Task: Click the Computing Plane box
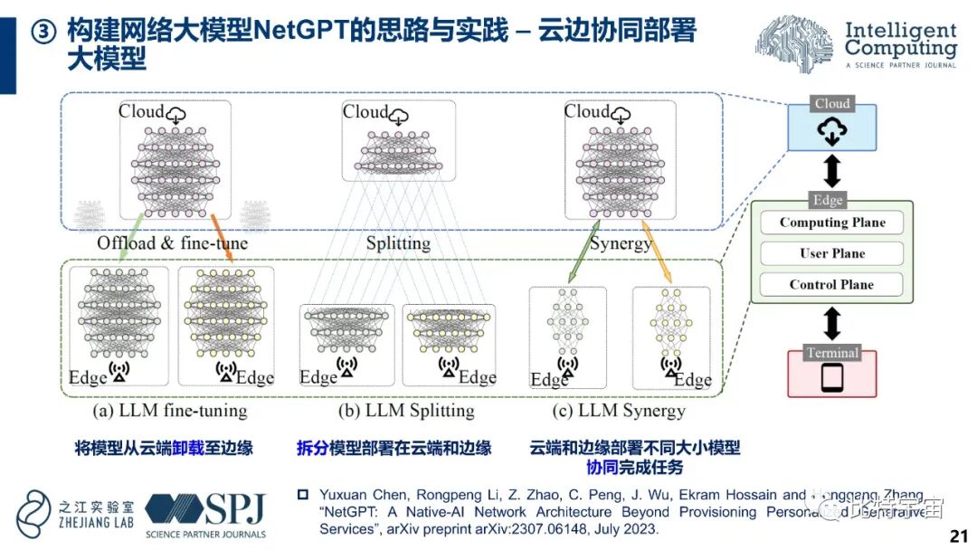point(832,223)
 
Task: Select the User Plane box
point(832,253)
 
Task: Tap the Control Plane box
point(832,284)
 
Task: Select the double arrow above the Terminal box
point(832,323)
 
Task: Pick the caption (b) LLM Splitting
point(406,411)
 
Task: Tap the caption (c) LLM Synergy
point(619,411)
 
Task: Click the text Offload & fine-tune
point(172,243)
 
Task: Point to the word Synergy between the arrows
point(621,243)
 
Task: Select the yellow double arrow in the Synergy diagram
point(656,251)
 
